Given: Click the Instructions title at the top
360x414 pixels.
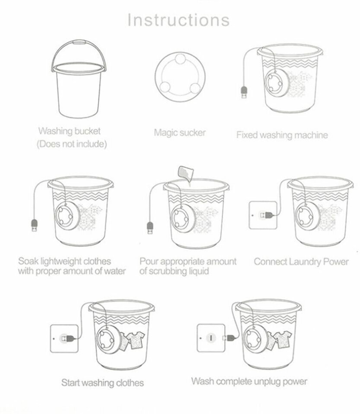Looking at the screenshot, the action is point(178,20).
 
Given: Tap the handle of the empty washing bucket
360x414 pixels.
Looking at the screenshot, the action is point(79,42).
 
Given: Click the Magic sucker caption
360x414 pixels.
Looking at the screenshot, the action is point(180,132).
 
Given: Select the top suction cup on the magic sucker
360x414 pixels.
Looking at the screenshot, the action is point(180,59).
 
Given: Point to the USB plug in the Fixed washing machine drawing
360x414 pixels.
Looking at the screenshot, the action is point(244,92).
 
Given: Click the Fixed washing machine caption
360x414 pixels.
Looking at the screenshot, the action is point(282,135).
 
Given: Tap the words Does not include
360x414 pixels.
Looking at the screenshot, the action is point(72,144).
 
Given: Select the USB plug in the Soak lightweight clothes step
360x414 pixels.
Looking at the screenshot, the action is point(35,225).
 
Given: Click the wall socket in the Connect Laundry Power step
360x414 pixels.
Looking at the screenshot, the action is point(263,215).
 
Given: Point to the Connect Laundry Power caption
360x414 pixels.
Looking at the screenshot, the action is point(301,262).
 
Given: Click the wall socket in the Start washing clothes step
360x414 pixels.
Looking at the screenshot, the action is point(64,339).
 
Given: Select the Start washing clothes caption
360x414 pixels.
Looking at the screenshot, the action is point(103,383).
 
